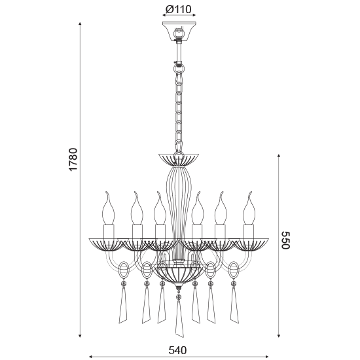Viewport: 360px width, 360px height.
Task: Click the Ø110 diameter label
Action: click(179, 9)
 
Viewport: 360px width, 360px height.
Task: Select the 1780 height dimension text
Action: click(73, 159)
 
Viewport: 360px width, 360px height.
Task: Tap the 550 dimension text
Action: click(286, 240)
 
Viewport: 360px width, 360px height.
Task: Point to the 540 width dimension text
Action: click(177, 350)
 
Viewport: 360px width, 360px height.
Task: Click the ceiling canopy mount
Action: click(179, 31)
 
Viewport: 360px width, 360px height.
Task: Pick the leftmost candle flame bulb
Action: click(109, 208)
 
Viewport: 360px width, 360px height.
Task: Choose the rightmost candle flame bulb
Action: click(249, 208)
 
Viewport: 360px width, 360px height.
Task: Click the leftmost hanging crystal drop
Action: click(123, 304)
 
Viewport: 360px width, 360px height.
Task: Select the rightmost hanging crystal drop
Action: click(234, 304)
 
